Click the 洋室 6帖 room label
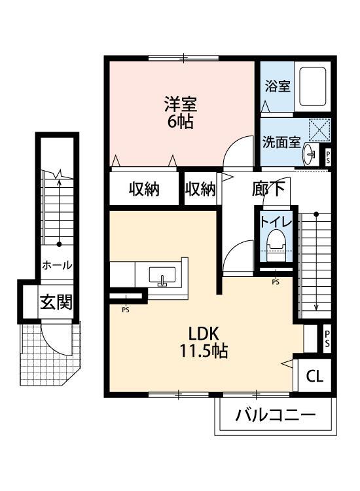coord(181,113)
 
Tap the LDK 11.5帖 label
coord(203,342)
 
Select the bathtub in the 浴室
coord(312,86)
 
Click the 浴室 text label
coord(278,86)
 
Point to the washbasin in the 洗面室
coord(309,153)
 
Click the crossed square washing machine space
coord(319,130)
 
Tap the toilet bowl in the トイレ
coord(276,245)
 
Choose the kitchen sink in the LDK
coord(162,276)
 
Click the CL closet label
coord(314,376)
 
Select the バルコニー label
coord(275,415)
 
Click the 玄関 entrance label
coord(56,302)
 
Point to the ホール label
coord(57,266)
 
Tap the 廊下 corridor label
coord(268,189)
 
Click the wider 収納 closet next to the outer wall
coord(144,189)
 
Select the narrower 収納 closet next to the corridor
coord(200,189)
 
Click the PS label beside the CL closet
coord(327,338)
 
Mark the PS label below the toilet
coord(276,282)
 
